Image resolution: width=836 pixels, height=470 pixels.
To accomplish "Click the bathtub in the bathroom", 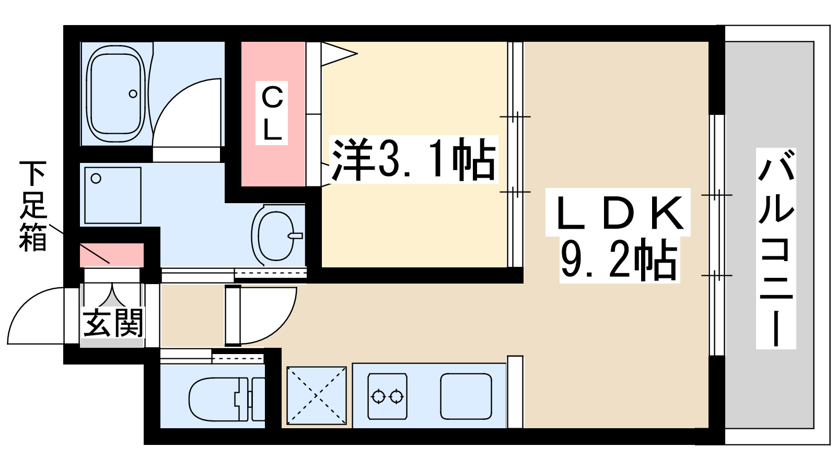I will pyautogui.click(x=115, y=94).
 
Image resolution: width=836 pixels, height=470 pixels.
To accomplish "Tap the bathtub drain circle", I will pyautogui.click(x=133, y=94).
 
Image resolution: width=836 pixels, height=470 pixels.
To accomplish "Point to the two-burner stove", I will pyautogui.click(x=387, y=396).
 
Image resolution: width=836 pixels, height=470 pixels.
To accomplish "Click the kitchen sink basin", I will pyautogui.click(x=466, y=396).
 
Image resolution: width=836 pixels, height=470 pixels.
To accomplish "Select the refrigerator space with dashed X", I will pyautogui.click(x=317, y=395).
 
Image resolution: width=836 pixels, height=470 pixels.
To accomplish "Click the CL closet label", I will pyautogui.click(x=272, y=113).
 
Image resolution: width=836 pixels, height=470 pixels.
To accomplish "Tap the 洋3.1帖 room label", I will pyautogui.click(x=413, y=159).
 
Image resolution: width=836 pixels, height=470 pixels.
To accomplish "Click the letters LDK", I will pyautogui.click(x=619, y=213).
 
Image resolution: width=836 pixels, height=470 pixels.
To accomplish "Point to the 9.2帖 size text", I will pyautogui.click(x=619, y=260).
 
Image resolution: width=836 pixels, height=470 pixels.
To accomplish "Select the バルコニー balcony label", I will pyautogui.click(x=776, y=248).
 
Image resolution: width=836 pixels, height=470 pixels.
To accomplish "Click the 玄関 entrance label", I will pyautogui.click(x=113, y=322).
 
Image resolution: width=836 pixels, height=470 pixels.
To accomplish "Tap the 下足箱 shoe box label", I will pyautogui.click(x=33, y=206).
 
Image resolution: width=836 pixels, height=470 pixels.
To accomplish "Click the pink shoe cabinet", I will pyautogui.click(x=111, y=255).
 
